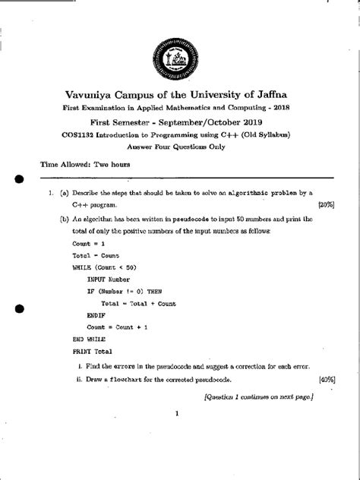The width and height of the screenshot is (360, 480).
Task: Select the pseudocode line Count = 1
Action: (x=90, y=242)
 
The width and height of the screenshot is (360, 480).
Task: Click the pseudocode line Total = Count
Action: (x=96, y=255)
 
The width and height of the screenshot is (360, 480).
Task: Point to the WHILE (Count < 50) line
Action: (x=105, y=267)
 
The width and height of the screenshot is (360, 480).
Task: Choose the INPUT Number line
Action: (x=109, y=279)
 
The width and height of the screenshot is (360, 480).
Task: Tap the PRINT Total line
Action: (x=93, y=352)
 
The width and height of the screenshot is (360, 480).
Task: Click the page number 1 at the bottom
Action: (x=176, y=415)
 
